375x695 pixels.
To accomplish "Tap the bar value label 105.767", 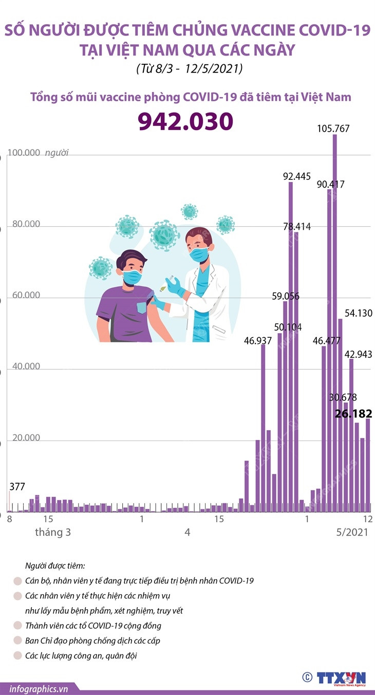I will (333, 129).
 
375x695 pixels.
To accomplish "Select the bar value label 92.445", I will (297, 176).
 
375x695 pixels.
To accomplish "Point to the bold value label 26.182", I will (353, 414).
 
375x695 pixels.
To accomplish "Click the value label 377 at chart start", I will (17, 487).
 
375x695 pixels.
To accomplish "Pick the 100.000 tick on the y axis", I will (24, 153).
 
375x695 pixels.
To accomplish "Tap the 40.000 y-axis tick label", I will (24, 367).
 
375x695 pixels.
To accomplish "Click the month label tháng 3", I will (53, 533).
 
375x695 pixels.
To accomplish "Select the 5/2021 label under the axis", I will (350, 533).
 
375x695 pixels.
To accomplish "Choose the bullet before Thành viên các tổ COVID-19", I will (17, 626).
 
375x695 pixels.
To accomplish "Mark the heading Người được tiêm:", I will (55, 566).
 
